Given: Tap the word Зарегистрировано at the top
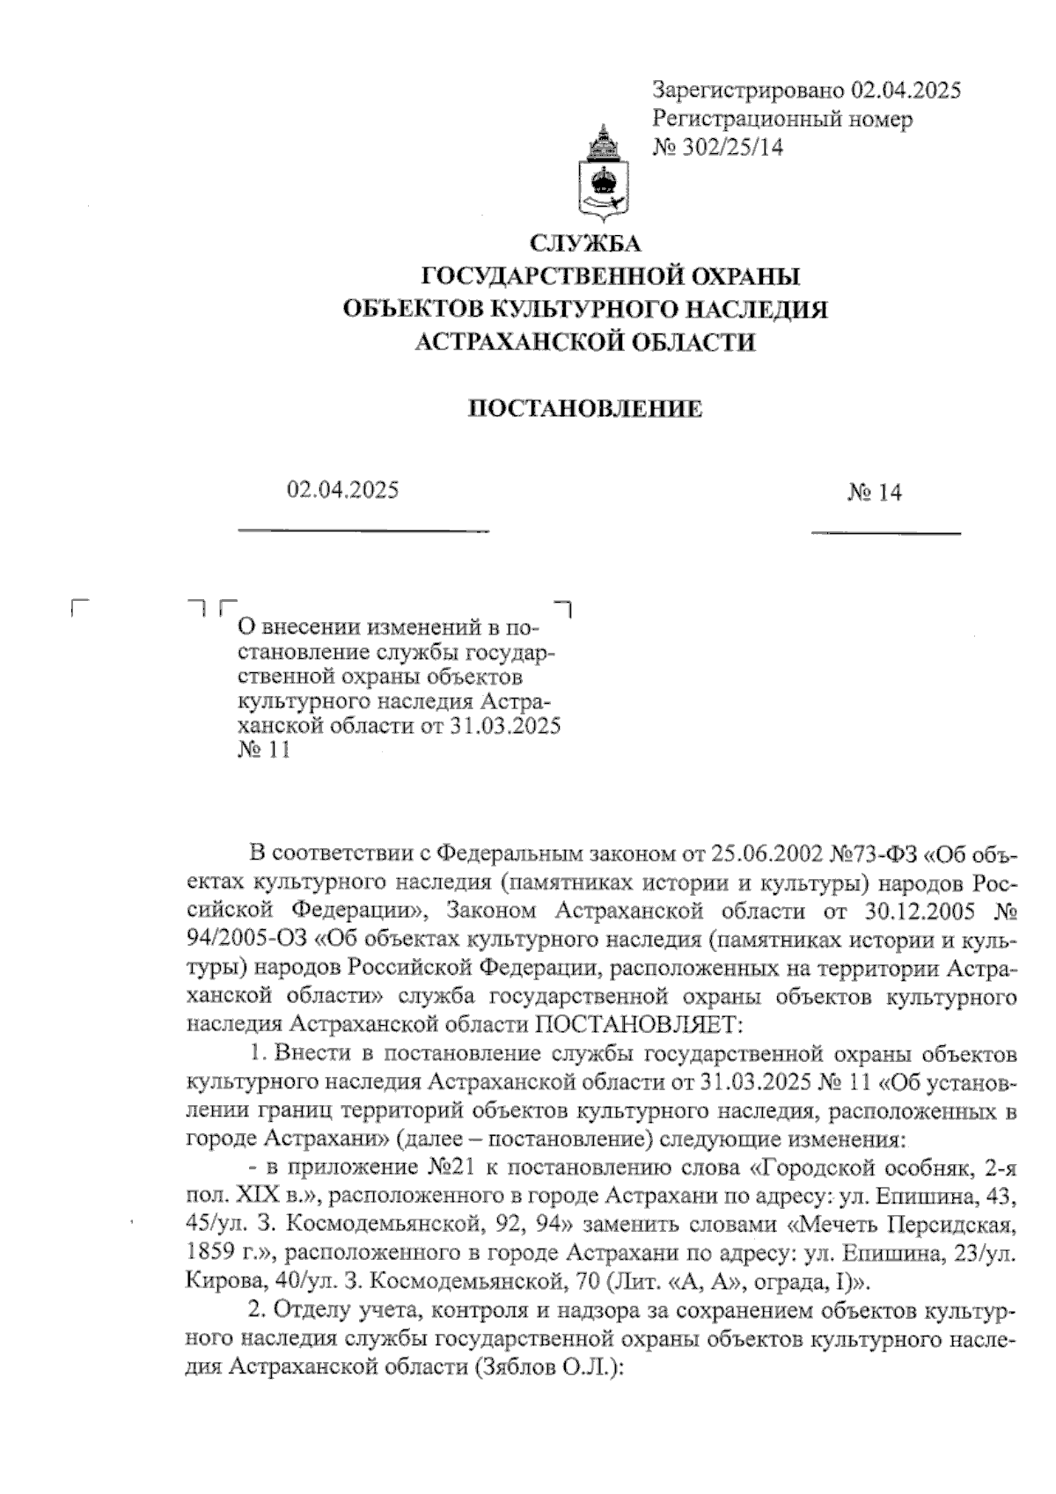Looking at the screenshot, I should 748,90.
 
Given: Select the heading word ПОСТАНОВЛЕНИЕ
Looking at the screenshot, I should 584,409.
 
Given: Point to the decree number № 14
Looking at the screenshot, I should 875,493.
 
